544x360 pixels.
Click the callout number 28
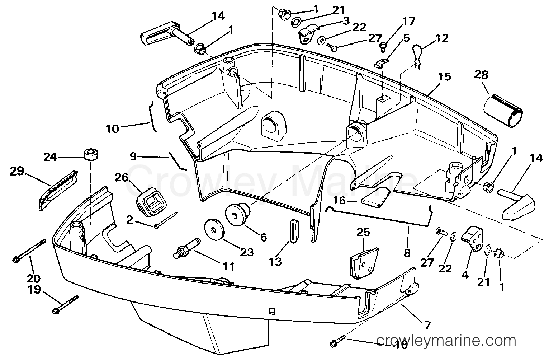481,75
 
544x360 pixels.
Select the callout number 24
50,157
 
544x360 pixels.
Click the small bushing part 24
91,155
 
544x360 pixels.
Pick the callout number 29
16,172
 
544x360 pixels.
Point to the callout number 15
445,77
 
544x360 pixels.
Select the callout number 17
408,22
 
